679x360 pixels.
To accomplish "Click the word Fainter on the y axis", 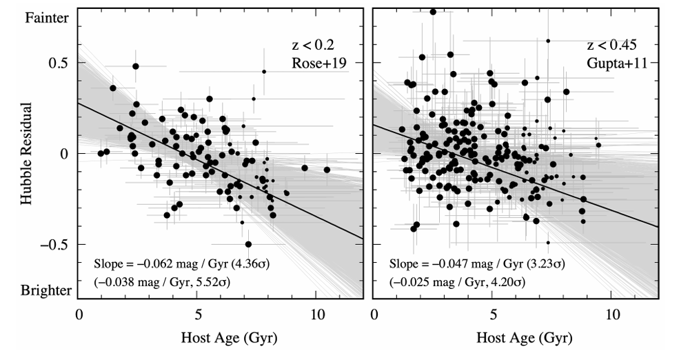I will [x=47, y=19].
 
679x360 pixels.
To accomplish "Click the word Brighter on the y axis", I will [x=45, y=290].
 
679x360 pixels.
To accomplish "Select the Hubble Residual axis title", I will [x=27, y=154].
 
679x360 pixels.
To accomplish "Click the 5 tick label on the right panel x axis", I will [x=493, y=315].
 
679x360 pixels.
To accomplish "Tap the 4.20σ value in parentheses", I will [x=510, y=282].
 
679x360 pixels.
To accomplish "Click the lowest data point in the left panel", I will [x=248, y=244].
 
